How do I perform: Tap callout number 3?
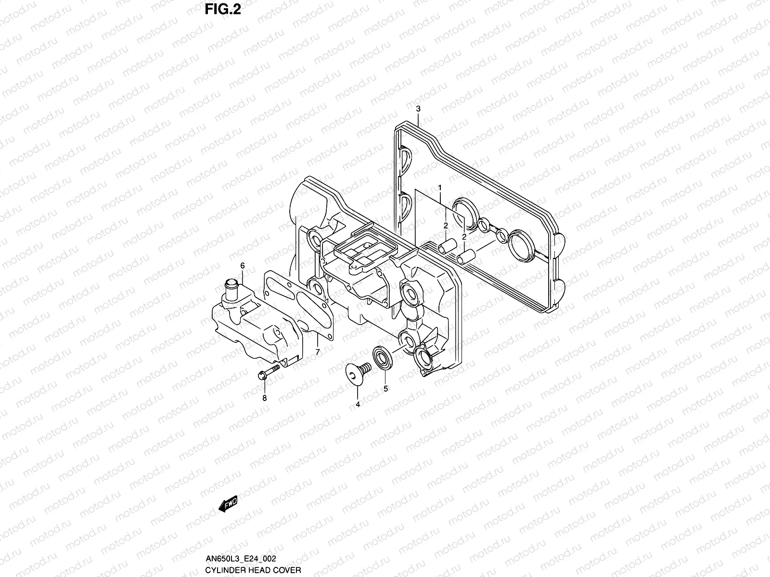click(418, 109)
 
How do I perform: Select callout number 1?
click(439, 187)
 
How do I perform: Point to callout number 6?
click(243, 265)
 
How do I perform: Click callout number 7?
click(318, 352)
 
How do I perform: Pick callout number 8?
click(264, 398)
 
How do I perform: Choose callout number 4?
click(358, 404)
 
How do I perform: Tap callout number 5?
click(385, 389)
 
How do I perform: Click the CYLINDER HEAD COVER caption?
click(253, 570)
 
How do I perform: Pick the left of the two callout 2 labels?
click(446, 225)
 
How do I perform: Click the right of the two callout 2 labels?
click(464, 237)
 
